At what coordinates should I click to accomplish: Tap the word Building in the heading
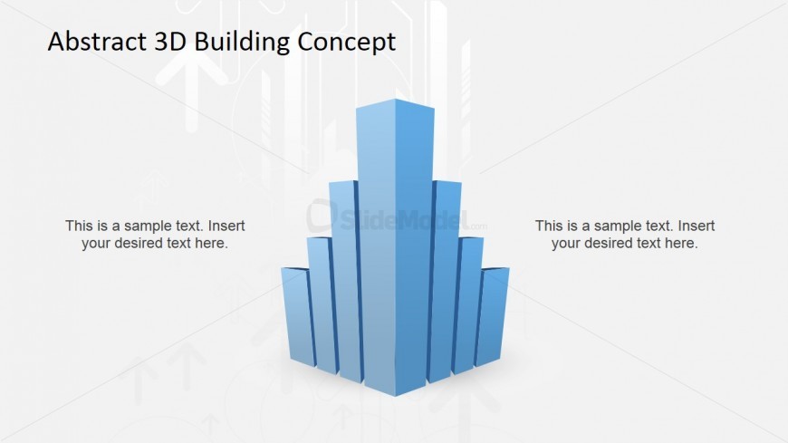pos(242,43)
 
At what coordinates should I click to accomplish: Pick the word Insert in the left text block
pos(226,226)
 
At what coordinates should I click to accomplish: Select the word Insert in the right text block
pos(697,226)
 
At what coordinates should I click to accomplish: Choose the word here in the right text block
pos(681,244)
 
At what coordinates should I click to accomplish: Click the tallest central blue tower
pos(395,246)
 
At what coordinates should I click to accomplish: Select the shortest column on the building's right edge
pos(492,316)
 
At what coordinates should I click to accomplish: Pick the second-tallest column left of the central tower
pos(343,279)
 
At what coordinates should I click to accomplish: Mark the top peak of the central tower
pos(395,99)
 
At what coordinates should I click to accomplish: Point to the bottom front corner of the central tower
pos(395,396)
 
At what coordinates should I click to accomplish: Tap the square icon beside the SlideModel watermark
pos(321,216)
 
